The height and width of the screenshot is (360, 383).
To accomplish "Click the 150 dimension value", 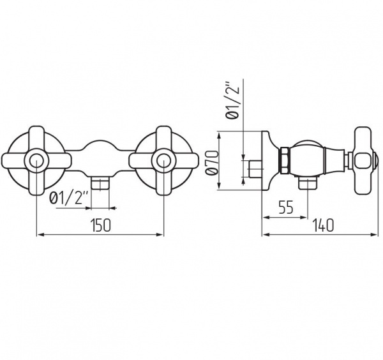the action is click(x=100, y=225).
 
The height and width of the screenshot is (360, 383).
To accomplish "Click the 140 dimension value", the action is click(x=323, y=225).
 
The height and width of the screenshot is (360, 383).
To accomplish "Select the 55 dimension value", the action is click(x=286, y=208).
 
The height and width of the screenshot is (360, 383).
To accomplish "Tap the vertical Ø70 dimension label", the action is click(x=212, y=163).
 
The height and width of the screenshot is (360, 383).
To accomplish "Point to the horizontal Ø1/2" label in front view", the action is click(x=68, y=198).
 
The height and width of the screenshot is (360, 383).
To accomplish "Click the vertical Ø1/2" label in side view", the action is click(x=232, y=100).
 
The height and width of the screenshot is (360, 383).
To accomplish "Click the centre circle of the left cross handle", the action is click(x=36, y=161).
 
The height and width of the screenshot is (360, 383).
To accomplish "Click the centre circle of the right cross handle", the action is click(x=163, y=161).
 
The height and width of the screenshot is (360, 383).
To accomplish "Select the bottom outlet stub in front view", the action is click(x=100, y=183).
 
